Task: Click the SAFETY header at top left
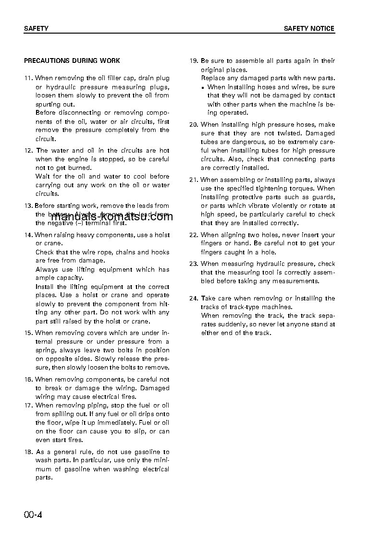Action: pos(36,28)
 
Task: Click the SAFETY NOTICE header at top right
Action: pos(309,28)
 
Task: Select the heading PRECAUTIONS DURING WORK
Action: pos(72,61)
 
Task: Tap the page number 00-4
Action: pos(33,515)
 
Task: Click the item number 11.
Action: pos(28,78)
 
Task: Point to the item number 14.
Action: pos(28,235)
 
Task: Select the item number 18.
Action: pos(28,452)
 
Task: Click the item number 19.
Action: pos(194,61)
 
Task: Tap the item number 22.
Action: pos(194,235)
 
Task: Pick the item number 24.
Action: pos(194,299)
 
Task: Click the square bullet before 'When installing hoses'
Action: pos(203,88)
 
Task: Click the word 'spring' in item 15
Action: pos(46,350)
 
